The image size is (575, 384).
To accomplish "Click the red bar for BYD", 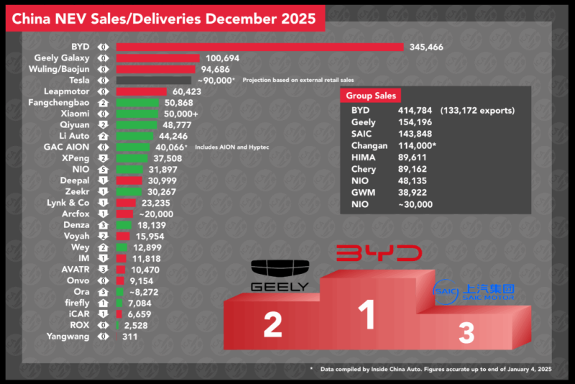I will pos(259,47).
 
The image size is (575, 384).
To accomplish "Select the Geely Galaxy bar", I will pos(157,58).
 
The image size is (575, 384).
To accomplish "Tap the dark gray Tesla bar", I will pos(153,81).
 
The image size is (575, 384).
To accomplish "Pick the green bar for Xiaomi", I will pos(137,114).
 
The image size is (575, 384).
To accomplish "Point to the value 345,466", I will pos(426,47).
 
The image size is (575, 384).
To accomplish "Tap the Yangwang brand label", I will pos(68,336).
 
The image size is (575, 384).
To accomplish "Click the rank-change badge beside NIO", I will pos(103,170).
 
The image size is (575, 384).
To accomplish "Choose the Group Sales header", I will pos(370,96).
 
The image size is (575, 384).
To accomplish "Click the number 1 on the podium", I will pos(367,314).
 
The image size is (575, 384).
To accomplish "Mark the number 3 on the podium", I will pos(466,332).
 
